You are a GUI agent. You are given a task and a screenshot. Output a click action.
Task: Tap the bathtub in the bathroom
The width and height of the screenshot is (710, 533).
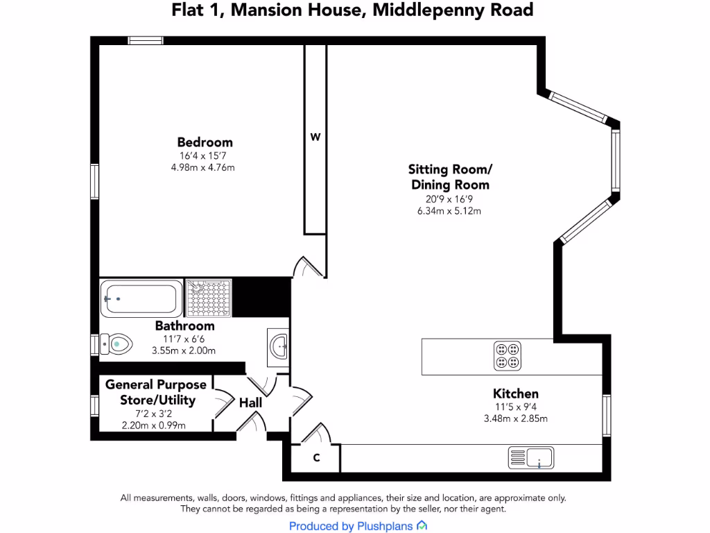pyautogui.click(x=141, y=298)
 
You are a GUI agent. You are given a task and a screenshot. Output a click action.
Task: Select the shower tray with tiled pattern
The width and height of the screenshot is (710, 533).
pyautogui.click(x=209, y=298)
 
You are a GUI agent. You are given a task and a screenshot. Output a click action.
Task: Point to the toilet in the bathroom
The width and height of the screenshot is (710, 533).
pyautogui.click(x=116, y=342)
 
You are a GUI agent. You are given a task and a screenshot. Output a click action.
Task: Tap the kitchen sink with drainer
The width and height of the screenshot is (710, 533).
pyautogui.click(x=531, y=457)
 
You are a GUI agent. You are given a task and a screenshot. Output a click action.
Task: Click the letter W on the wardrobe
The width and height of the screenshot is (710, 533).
pyautogui.click(x=315, y=137)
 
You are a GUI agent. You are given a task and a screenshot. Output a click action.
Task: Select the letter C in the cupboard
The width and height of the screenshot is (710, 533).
pyautogui.click(x=316, y=458)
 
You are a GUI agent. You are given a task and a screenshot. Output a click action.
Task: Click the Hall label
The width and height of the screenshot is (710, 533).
pyautogui.click(x=250, y=403)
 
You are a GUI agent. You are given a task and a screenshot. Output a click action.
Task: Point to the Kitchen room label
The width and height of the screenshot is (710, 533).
pyautogui.click(x=516, y=394)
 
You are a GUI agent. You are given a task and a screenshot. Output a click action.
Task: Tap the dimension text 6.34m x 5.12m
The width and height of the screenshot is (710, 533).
pyautogui.click(x=449, y=211)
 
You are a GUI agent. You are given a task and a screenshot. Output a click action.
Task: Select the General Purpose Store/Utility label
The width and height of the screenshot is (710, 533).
pyautogui.click(x=156, y=392)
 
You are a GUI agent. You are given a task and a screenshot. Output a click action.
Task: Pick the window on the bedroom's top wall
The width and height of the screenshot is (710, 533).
pyautogui.click(x=146, y=40)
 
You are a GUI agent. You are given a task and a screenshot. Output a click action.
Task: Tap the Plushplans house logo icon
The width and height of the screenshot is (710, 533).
pyautogui.click(x=422, y=526)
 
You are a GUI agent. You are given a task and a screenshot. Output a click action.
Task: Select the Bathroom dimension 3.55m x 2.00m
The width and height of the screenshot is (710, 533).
pyautogui.click(x=184, y=350)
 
